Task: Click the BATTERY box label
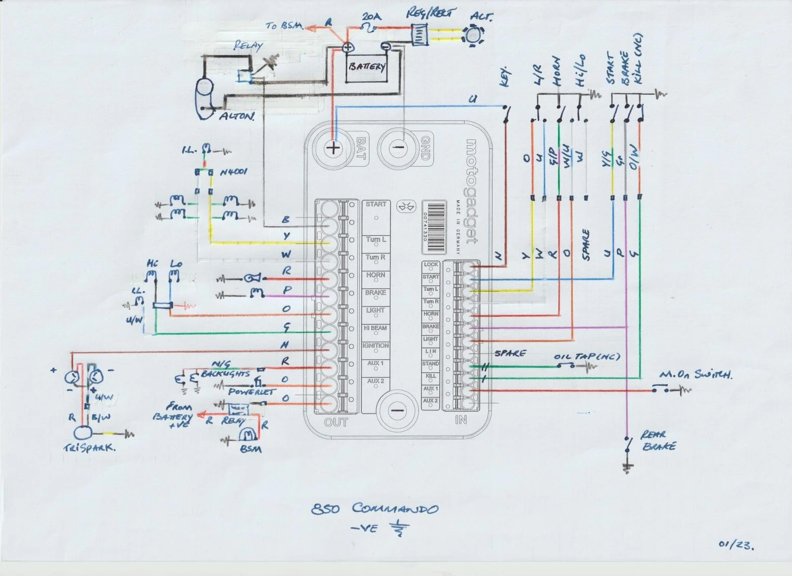[367, 66]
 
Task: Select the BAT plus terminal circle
[334, 147]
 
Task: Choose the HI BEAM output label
[375, 328]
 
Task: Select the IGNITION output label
[375, 346]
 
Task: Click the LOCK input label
[431, 264]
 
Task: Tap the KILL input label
[431, 376]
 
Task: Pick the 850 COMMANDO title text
[375, 509]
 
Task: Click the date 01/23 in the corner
[736, 545]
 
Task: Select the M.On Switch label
[695, 374]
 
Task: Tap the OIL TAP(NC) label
[587, 357]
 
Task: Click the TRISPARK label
[90, 448]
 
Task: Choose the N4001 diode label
[233, 172]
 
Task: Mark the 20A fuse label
[371, 17]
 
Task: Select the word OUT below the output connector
[336, 422]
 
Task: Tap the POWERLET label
[251, 392]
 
